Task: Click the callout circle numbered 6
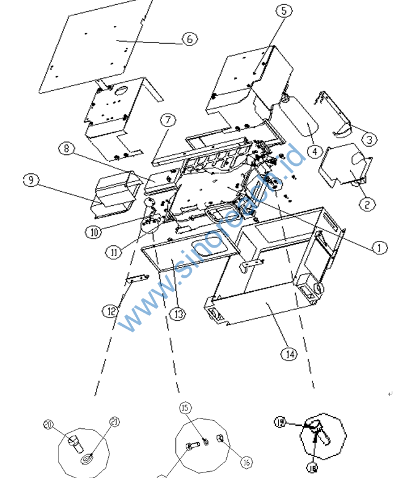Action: pyautogui.click(x=189, y=39)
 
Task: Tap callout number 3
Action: pyautogui.click(x=368, y=139)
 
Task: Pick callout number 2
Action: pyautogui.click(x=367, y=204)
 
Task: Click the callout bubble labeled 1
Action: pyautogui.click(x=379, y=248)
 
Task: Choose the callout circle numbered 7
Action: pyautogui.click(x=168, y=119)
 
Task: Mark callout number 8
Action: pyautogui.click(x=66, y=149)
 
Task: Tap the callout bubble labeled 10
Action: pyautogui.click(x=93, y=232)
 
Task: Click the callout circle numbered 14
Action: pyautogui.click(x=290, y=353)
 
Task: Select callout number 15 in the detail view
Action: pyautogui.click(x=184, y=408)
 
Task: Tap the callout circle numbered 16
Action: pyautogui.click(x=246, y=463)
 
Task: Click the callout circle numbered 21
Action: pyautogui.click(x=114, y=421)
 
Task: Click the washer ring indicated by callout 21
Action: pyautogui.click(x=87, y=458)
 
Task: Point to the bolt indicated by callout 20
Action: pyautogui.click(x=74, y=442)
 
